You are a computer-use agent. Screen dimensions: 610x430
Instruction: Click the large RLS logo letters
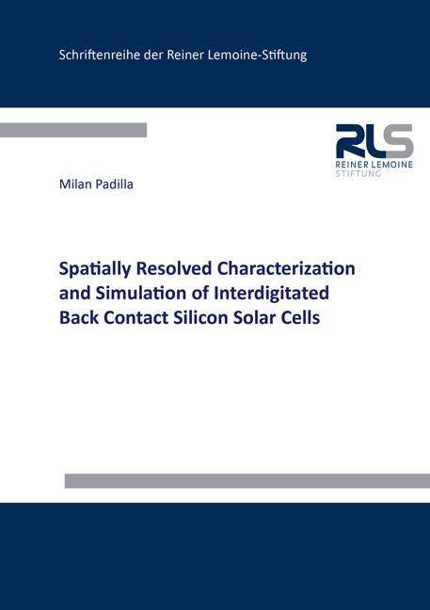pos(374,142)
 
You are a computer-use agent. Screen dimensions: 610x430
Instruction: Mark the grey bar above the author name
pos(73,130)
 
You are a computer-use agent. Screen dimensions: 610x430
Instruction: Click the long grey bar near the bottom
pos(247,481)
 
